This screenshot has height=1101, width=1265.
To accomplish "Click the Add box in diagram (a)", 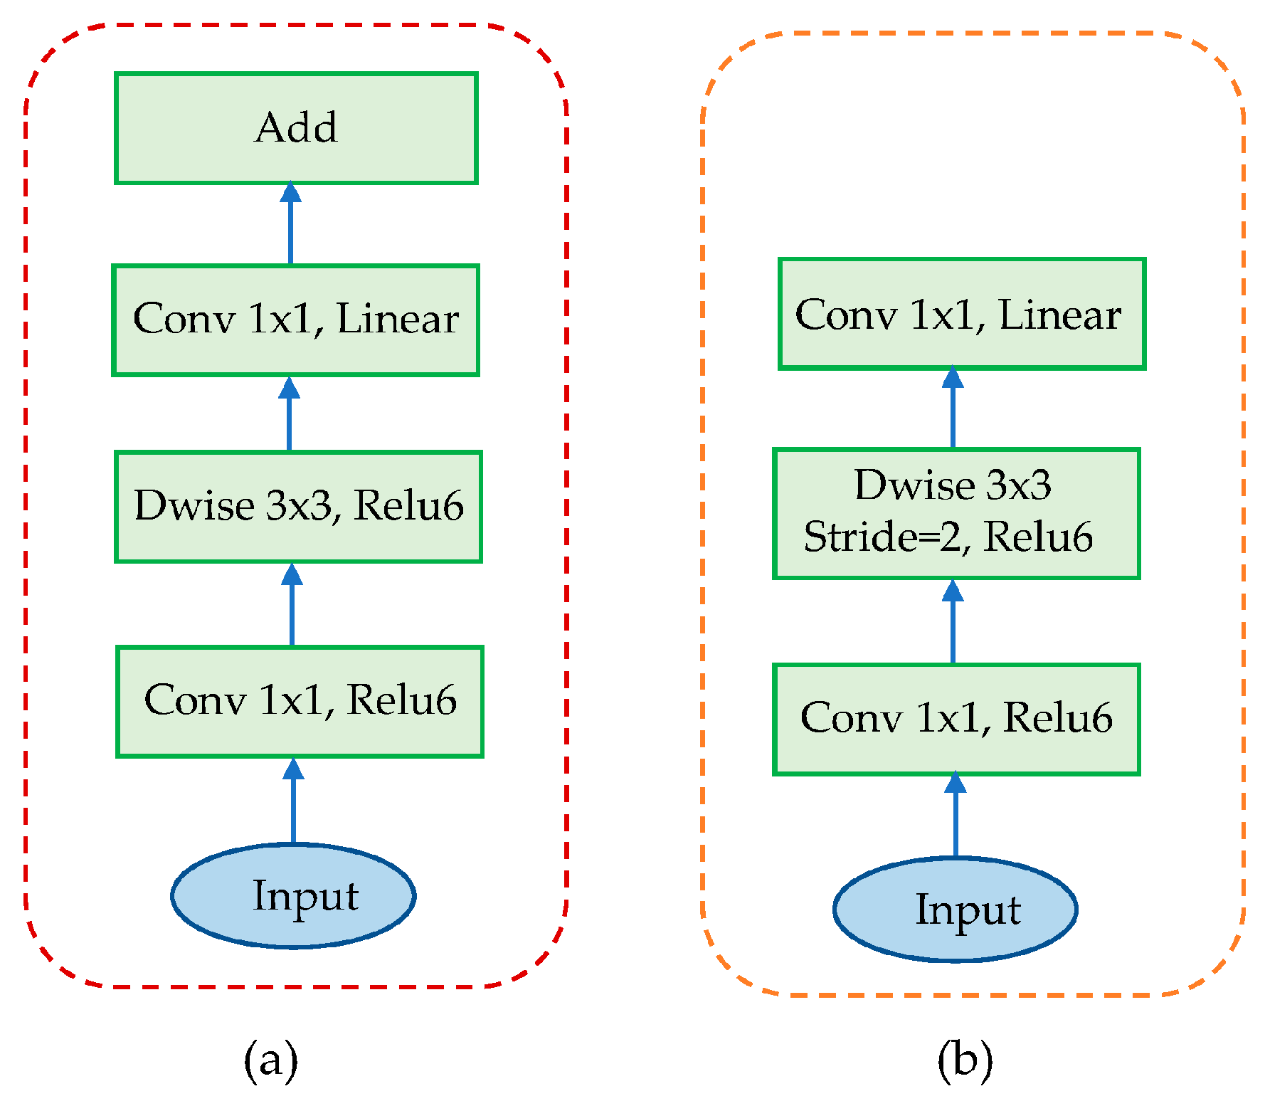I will point(296,128).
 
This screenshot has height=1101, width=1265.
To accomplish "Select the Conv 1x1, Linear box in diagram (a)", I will point(295,320).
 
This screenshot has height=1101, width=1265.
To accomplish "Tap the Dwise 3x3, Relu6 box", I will point(298,506).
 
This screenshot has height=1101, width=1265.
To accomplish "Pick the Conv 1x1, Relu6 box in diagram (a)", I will point(300,701).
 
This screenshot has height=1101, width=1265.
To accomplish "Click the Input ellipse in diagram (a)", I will point(293,895).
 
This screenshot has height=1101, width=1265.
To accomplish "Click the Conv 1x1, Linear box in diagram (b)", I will point(961,314).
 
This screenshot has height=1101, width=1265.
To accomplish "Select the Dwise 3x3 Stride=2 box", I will point(956,513).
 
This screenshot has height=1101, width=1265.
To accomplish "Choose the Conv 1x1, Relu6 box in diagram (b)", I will point(956,719).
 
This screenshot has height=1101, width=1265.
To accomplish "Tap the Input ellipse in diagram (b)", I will point(955,909).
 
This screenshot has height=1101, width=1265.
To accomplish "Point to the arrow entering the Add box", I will point(290,224).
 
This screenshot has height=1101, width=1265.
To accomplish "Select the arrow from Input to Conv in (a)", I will point(293,801).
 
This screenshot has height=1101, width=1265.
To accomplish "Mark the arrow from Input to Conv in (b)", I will point(955,816).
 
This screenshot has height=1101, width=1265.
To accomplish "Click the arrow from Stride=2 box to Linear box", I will point(953,409).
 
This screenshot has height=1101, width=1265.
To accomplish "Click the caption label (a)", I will point(270,1060).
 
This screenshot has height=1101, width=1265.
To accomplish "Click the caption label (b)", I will point(965,1060).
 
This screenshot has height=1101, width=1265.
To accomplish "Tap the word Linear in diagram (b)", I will point(1059,315).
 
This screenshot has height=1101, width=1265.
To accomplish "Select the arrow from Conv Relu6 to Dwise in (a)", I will point(292,605).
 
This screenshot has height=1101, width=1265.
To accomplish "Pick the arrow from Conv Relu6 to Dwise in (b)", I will point(953,622).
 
